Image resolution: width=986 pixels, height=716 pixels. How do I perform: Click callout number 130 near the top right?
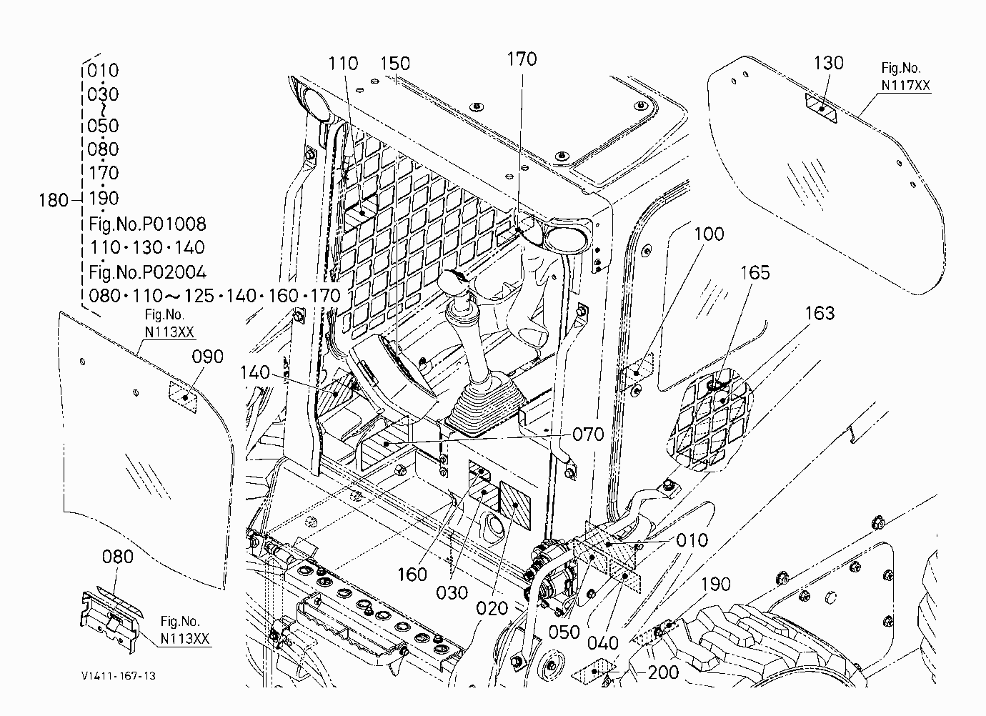coord(828,64)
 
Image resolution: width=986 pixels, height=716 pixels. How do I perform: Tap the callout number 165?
coord(755,272)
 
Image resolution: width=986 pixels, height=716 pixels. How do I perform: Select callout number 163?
coord(820,314)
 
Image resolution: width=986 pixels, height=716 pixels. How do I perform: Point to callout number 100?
coord(709,234)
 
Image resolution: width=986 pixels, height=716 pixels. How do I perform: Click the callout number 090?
coord(207,357)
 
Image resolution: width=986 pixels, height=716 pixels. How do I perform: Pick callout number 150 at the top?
coord(395,64)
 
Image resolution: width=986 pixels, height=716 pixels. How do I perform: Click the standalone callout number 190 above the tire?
coord(716,584)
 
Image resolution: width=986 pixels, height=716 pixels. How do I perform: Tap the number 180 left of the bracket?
coord(54,200)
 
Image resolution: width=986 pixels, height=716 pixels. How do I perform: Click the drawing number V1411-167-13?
coord(118,676)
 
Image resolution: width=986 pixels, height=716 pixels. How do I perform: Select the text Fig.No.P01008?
coord(147,224)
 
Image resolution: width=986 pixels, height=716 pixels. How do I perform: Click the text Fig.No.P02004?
coord(147,272)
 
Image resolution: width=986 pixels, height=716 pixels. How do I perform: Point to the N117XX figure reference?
coord(906,85)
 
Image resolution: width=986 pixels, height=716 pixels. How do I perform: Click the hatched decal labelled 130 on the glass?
coord(821,108)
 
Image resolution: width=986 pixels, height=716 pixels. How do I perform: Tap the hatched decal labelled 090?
coord(183,397)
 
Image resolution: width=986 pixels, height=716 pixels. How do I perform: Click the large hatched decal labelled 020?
coord(515,505)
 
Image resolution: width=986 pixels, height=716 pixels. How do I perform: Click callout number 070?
coord(588,434)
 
